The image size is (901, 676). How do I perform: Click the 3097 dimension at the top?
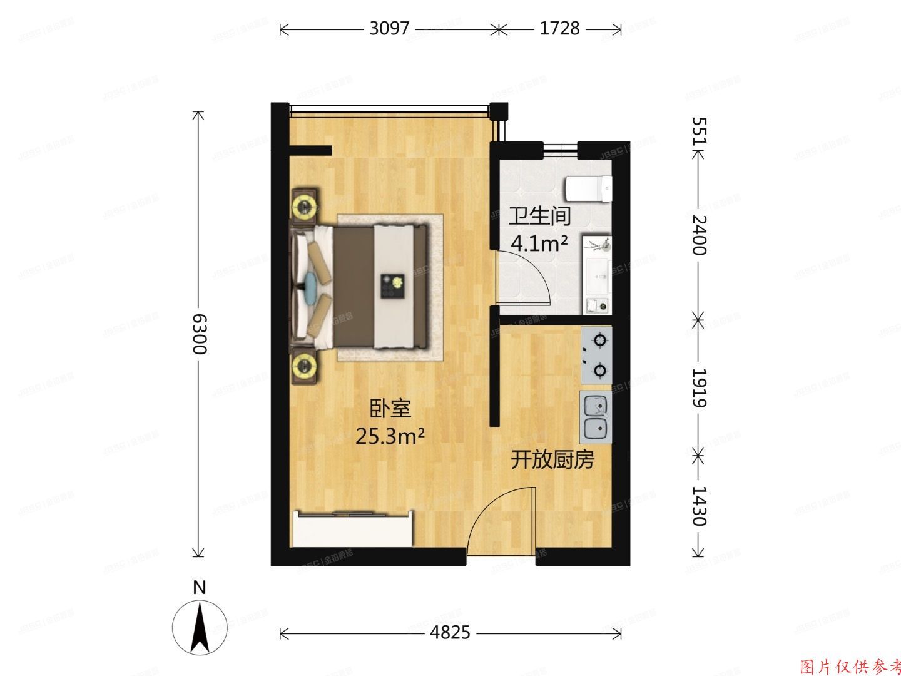pyautogui.click(x=389, y=29)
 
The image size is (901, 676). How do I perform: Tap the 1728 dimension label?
pyautogui.click(x=559, y=29)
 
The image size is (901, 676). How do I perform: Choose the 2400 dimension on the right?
pyautogui.click(x=698, y=235)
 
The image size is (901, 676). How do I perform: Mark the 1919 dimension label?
pyautogui.click(x=698, y=387)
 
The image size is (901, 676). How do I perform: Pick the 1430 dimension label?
pyautogui.click(x=698, y=506)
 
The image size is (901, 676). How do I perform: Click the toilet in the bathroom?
pyautogui.click(x=588, y=188)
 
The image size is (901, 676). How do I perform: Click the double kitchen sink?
pyautogui.click(x=596, y=417)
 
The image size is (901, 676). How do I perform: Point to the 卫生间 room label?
pyautogui.click(x=539, y=217)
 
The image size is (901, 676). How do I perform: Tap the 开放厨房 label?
pyautogui.click(x=552, y=460)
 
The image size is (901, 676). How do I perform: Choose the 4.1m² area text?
pyautogui.click(x=539, y=242)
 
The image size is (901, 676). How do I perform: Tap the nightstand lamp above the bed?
pyautogui.click(x=305, y=204)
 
